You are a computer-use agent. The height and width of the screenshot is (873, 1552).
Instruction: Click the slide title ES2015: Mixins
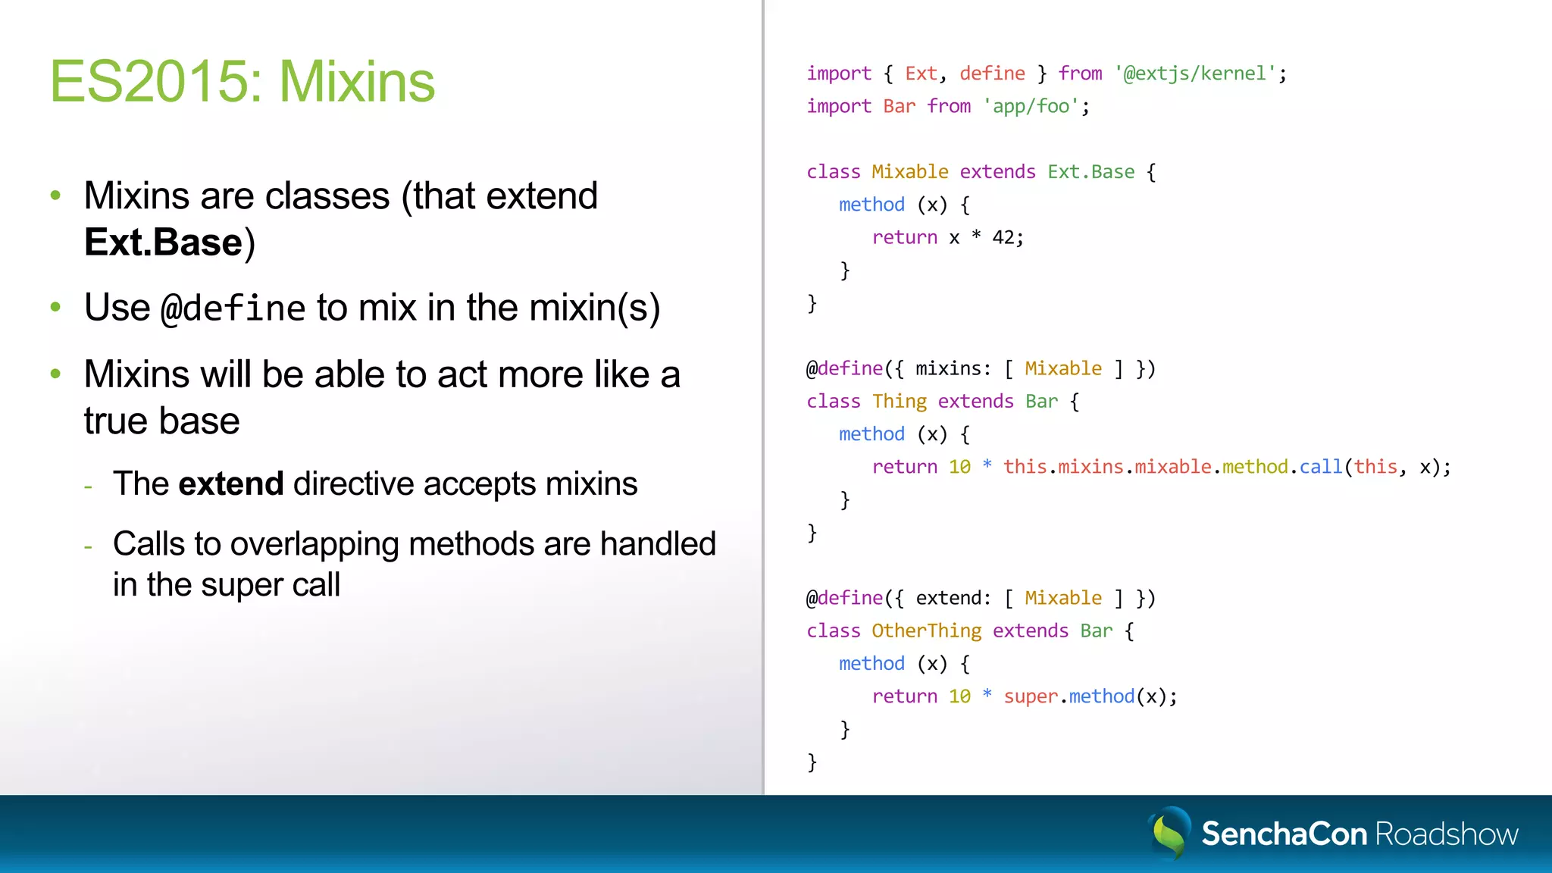point(242,82)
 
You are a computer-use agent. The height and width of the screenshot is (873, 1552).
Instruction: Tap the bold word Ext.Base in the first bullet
point(163,242)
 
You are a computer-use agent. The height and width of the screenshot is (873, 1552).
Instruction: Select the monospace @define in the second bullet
point(233,308)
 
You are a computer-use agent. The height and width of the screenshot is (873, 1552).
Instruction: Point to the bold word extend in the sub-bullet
point(231,483)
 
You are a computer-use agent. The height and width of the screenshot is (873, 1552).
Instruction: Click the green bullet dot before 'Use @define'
point(55,307)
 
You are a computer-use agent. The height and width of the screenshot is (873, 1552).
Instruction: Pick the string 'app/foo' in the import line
point(1030,106)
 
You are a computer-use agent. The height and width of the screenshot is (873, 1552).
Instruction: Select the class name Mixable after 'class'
point(909,172)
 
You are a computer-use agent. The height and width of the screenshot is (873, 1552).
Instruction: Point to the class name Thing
point(899,402)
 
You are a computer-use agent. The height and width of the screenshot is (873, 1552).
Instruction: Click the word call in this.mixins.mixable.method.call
point(1320,467)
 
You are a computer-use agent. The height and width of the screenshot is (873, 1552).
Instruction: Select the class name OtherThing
point(926,631)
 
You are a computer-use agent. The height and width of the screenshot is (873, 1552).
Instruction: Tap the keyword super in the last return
point(1030,697)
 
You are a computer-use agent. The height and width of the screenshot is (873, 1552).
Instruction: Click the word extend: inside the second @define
point(953,599)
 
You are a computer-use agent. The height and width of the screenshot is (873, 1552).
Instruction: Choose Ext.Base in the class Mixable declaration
point(1090,172)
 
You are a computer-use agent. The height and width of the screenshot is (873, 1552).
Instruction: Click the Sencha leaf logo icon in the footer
point(1169,833)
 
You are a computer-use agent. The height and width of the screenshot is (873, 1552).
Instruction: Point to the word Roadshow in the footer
point(1446,834)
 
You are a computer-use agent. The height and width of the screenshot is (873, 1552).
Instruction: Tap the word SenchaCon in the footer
point(1284,834)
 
